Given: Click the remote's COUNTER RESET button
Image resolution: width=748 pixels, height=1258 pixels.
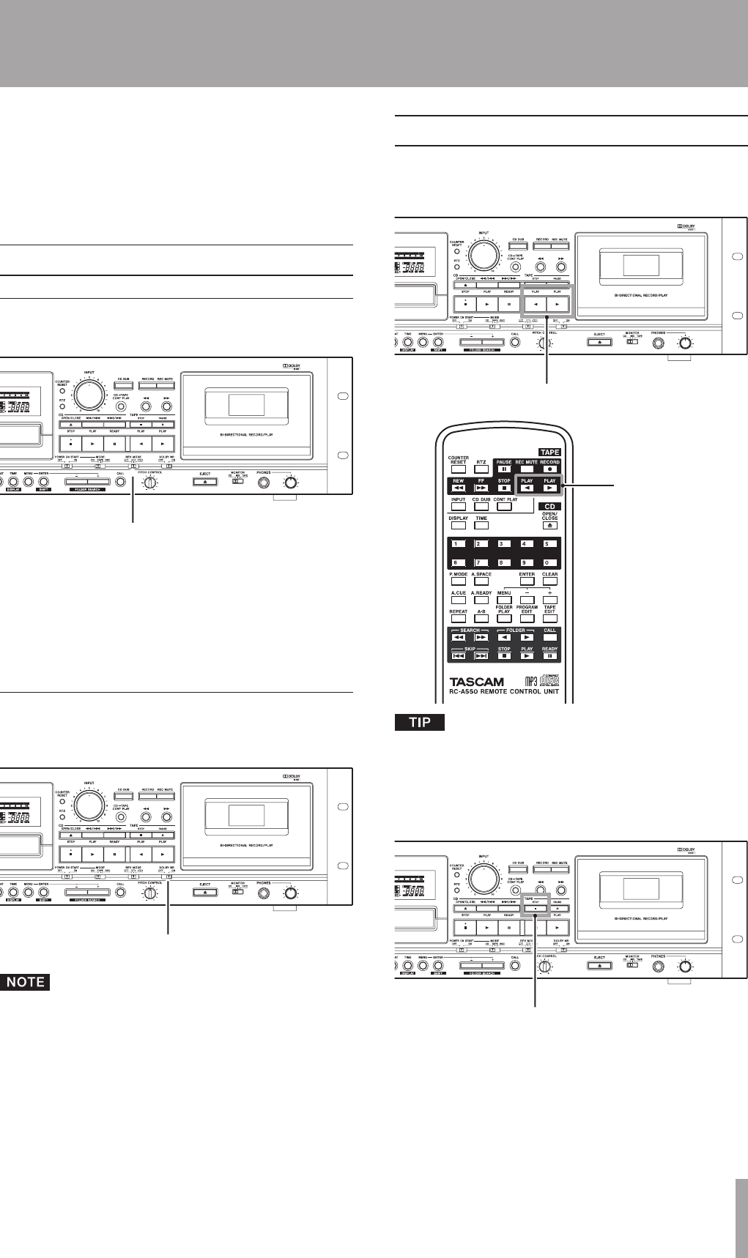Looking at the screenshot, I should click(458, 469).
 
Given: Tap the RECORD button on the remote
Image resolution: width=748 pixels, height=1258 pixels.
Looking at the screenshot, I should click(550, 469).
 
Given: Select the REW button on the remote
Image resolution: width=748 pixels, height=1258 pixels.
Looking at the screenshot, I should click(458, 488).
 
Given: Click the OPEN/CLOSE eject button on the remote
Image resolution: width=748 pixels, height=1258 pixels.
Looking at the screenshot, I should click(550, 525).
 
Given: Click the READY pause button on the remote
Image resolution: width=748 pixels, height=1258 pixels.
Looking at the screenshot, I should click(550, 656).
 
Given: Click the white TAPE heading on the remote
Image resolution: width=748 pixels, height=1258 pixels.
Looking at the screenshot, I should click(549, 453).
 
